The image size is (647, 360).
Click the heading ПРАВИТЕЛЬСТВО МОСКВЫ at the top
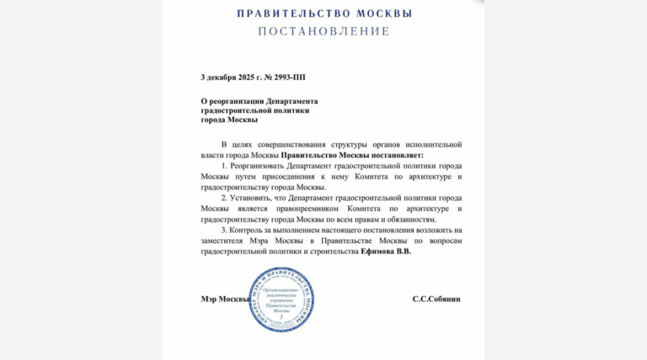click(324, 13)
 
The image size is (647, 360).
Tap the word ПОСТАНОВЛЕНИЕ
click(324, 32)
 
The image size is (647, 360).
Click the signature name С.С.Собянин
click(436, 299)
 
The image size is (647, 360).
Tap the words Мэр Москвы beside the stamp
click(225, 299)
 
